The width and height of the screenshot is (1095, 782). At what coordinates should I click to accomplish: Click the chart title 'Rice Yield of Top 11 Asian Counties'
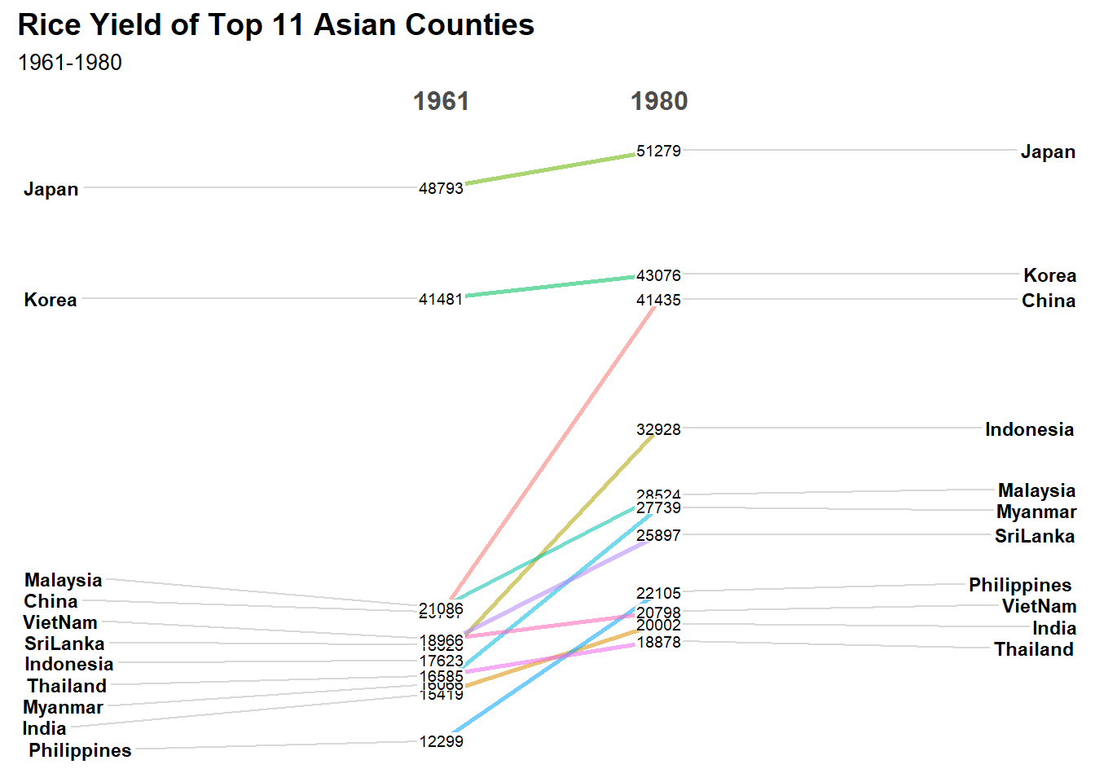[275, 25]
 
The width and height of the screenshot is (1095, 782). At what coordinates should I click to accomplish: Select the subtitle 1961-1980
[70, 63]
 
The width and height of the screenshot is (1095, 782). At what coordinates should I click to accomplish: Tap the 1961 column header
[441, 101]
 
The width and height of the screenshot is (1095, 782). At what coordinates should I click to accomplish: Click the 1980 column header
[659, 101]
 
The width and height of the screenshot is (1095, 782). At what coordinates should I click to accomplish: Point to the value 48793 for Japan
[441, 188]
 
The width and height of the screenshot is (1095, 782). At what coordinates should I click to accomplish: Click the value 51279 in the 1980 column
[658, 151]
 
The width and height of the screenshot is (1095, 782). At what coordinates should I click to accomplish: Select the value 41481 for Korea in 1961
[441, 299]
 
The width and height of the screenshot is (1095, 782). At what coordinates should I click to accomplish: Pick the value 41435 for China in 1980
[658, 301]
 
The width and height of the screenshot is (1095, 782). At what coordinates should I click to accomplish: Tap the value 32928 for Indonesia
[658, 429]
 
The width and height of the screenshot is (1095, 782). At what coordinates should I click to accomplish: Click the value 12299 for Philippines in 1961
[441, 741]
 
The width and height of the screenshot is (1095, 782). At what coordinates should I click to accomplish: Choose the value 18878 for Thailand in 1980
[658, 643]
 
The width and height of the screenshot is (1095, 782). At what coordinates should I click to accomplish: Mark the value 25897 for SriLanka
[658, 535]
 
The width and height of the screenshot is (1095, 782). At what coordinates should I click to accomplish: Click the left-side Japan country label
[51, 189]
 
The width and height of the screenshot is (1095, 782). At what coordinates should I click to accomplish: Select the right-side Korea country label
[1049, 275]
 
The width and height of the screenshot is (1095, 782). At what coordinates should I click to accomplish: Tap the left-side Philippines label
[80, 750]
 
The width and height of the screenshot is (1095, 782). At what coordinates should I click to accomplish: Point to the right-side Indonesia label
[1029, 429]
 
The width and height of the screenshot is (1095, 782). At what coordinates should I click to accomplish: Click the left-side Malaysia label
[64, 580]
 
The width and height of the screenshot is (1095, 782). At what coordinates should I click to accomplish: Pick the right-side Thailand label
[1034, 649]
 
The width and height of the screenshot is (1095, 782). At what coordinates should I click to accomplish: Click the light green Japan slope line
[550, 169]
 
